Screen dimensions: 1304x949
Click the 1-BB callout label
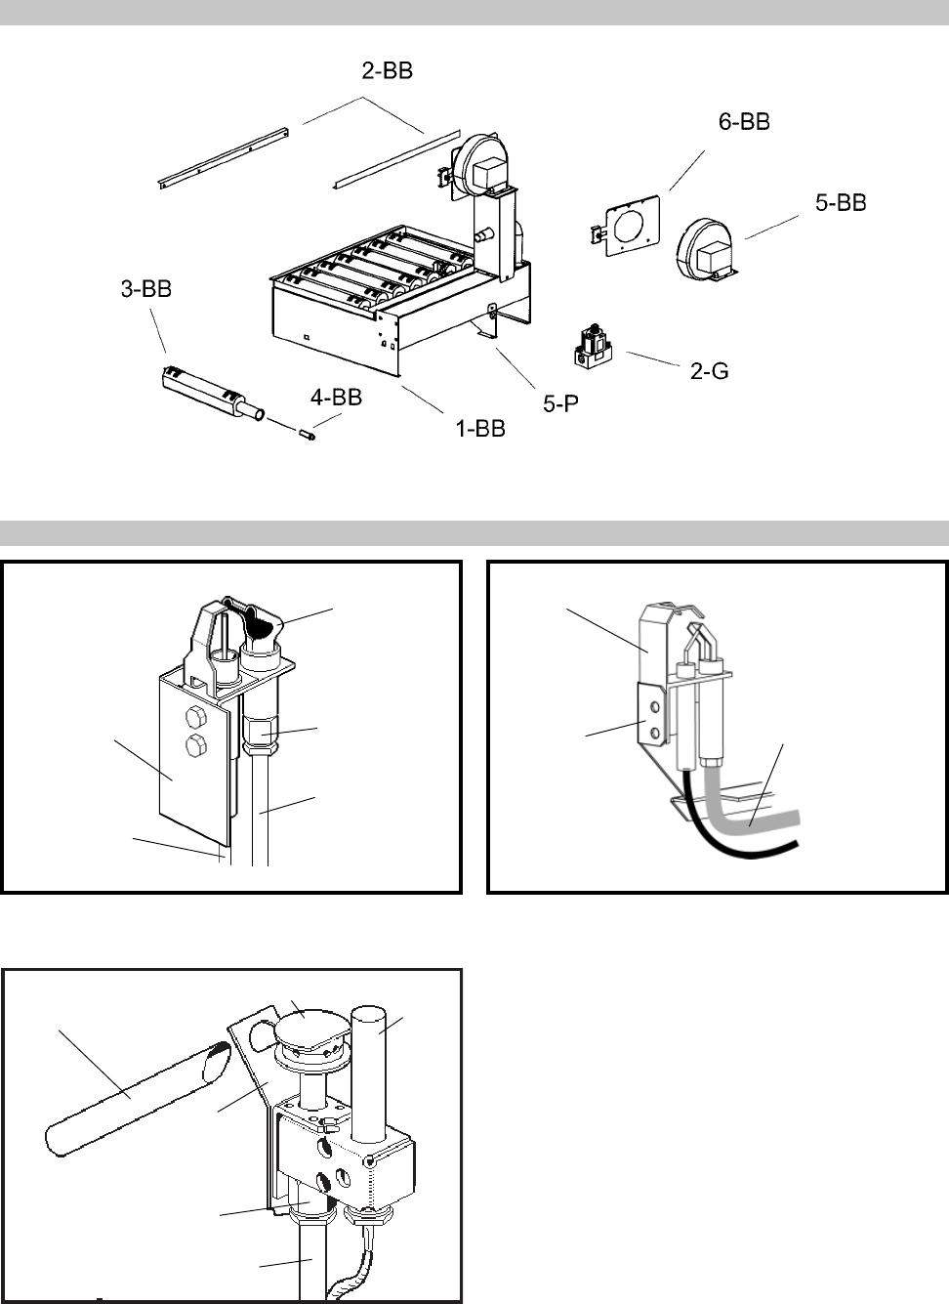(481, 427)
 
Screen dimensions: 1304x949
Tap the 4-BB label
(336, 397)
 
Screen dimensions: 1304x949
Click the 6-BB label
(737, 122)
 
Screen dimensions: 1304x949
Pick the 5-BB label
(840, 203)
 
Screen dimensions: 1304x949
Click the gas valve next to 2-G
(592, 349)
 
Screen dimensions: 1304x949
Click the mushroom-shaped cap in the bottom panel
(306, 1028)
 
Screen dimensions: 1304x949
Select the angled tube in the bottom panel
(137, 1094)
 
